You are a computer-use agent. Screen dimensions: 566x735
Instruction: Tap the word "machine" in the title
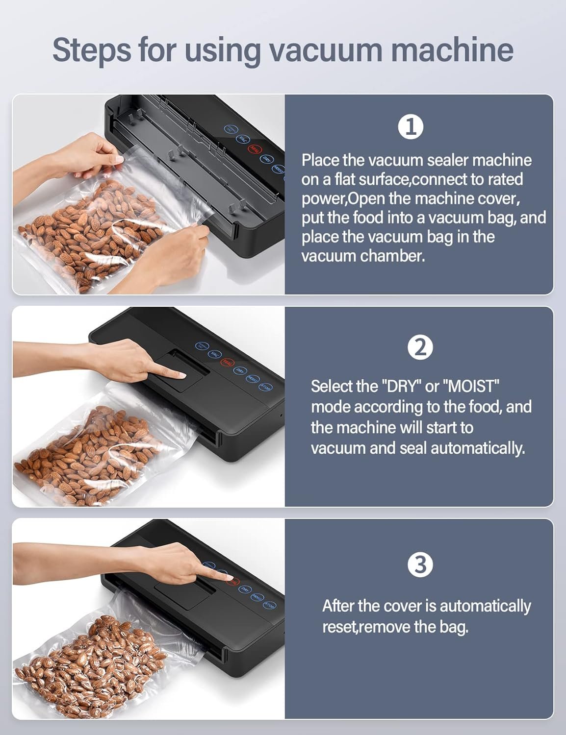(x=452, y=49)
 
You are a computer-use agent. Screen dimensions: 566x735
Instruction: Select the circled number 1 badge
(x=411, y=127)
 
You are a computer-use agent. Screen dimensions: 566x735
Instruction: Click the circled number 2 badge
(x=420, y=348)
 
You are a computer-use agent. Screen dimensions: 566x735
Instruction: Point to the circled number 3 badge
(x=420, y=564)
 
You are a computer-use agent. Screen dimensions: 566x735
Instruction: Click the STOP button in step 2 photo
(x=265, y=387)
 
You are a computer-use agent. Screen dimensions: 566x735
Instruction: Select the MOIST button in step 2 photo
(x=253, y=378)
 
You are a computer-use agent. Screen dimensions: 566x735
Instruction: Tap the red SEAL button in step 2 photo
(x=227, y=362)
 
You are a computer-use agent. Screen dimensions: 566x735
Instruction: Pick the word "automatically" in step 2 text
(x=478, y=449)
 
